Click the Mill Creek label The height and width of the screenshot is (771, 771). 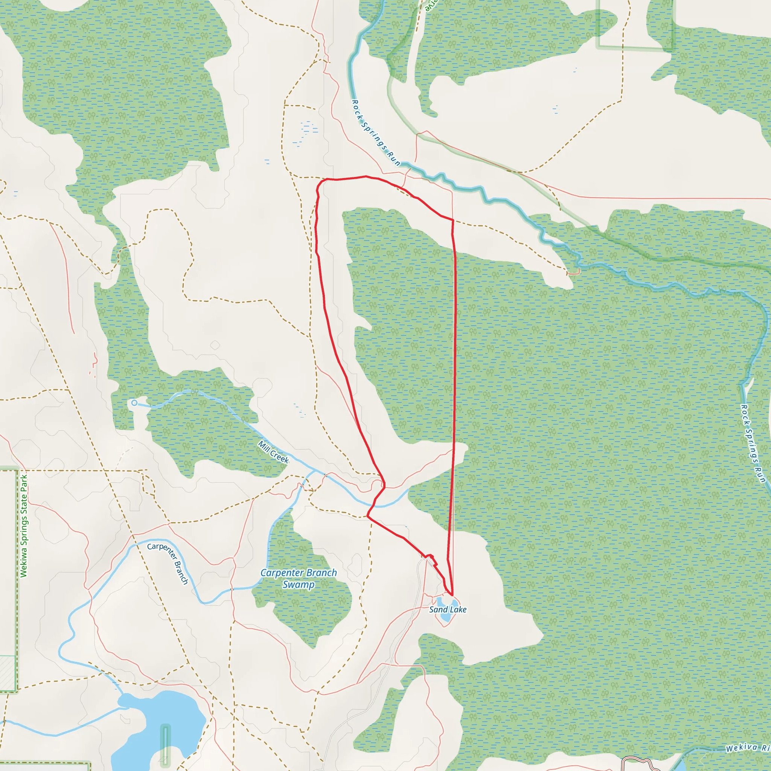[x=273, y=452]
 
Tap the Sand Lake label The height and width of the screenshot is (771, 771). [x=448, y=609]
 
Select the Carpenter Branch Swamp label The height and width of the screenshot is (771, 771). [x=299, y=579]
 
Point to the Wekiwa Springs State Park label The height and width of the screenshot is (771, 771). [x=24, y=526]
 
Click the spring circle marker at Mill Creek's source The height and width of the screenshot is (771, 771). [x=134, y=403]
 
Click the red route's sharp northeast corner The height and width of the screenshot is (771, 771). [x=453, y=220]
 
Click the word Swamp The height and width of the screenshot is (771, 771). [x=299, y=585]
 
